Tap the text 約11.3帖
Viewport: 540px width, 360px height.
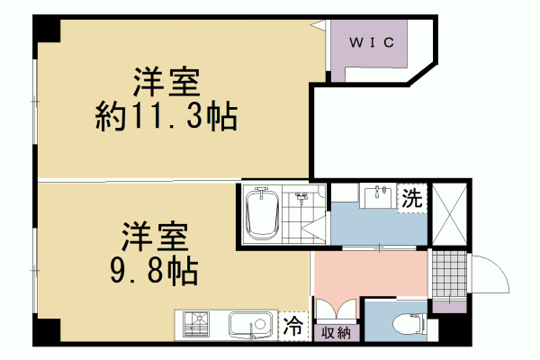pos(166,117)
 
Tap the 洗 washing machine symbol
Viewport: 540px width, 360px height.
pos(412,196)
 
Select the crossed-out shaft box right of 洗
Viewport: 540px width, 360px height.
pos(451,213)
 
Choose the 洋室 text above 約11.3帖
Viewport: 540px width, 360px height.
pos(166,83)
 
